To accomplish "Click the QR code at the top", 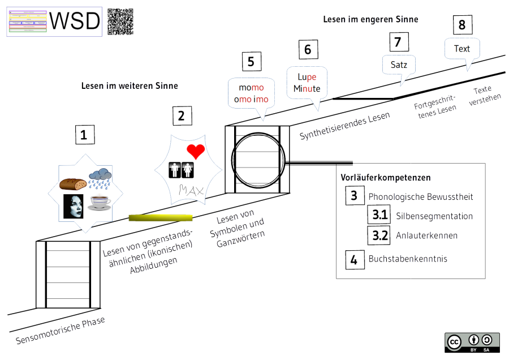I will pyautogui.click(x=120, y=22).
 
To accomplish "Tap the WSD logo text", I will pyautogui.click(x=75, y=22).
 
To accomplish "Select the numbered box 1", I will pyautogui.click(x=84, y=135).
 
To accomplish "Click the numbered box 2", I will pyautogui.click(x=181, y=116).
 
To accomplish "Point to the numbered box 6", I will pyautogui.click(x=308, y=50).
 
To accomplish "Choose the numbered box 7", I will pyautogui.click(x=398, y=41).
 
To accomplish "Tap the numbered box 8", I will pyautogui.click(x=462, y=25).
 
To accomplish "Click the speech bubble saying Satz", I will pyautogui.click(x=399, y=65).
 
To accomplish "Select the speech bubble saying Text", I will pyautogui.click(x=462, y=49).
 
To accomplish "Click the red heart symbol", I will pyautogui.click(x=195, y=151).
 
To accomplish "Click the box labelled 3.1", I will pyautogui.click(x=377, y=216).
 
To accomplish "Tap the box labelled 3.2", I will pyautogui.click(x=377, y=235).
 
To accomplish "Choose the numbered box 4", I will pyautogui.click(x=354, y=260).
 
